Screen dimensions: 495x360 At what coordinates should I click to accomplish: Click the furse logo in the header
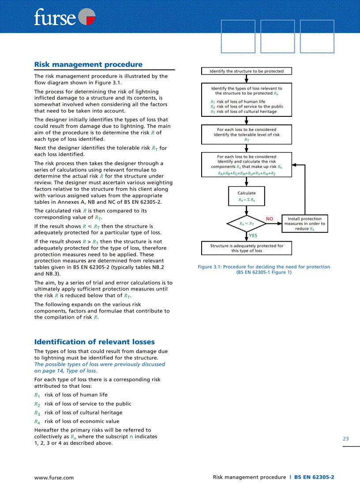(x=64, y=18)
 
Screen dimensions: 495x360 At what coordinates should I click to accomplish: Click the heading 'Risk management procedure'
(x=88, y=64)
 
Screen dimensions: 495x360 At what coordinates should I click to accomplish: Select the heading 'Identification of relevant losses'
(x=94, y=342)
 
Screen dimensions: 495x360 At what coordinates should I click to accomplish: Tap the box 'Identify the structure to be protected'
(x=247, y=71)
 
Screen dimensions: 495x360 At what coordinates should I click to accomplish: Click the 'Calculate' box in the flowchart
(x=247, y=196)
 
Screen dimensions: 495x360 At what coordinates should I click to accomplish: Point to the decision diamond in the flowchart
(x=247, y=223)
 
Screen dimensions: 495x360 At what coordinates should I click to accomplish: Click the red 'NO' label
(x=270, y=219)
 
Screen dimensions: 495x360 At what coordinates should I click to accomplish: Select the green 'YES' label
(x=253, y=235)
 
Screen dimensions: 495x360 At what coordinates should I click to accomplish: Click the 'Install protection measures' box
(x=304, y=223)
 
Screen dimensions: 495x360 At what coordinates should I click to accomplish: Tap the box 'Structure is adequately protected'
(x=247, y=248)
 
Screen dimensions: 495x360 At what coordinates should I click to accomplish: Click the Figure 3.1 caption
(x=264, y=269)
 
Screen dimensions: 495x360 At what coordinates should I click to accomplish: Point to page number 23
(x=345, y=439)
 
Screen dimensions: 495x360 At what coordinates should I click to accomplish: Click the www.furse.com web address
(x=54, y=477)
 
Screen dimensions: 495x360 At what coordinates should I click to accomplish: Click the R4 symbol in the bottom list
(x=37, y=422)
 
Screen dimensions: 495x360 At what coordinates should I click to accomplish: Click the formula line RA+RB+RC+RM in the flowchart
(x=247, y=174)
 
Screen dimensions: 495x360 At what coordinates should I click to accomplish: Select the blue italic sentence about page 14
(x=99, y=368)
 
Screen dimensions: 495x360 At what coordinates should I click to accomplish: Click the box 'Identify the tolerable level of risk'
(x=247, y=134)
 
